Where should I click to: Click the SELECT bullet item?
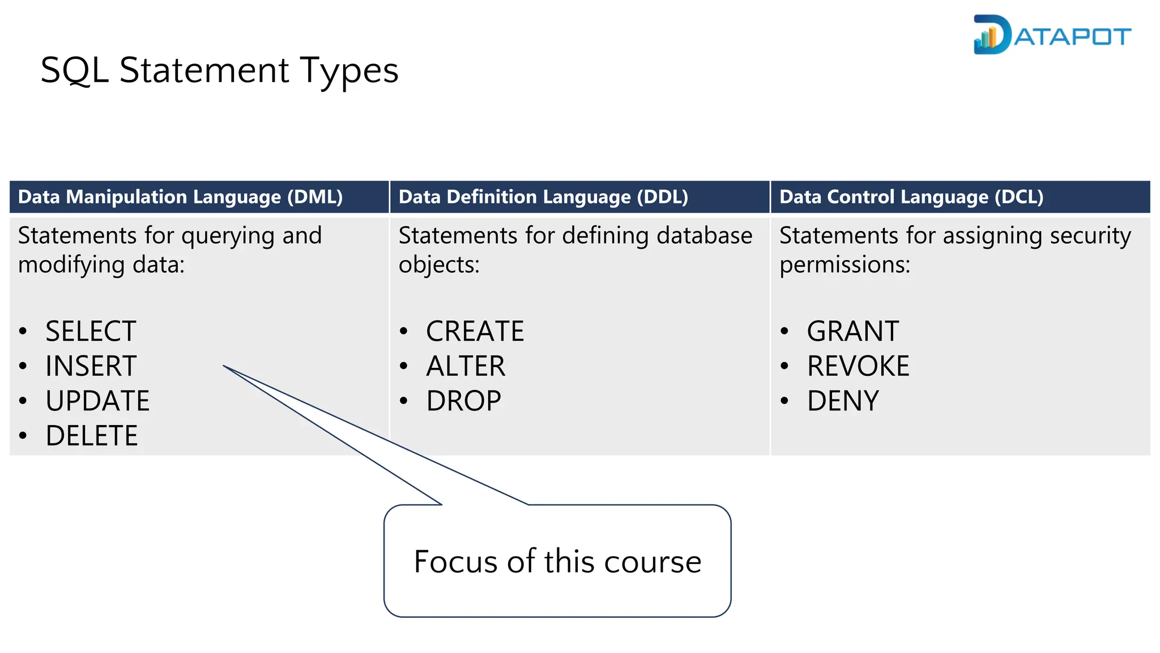[x=91, y=331]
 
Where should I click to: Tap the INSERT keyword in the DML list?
[x=91, y=366]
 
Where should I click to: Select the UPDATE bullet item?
[x=97, y=401]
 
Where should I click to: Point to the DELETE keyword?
[x=92, y=436]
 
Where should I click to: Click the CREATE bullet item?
[x=475, y=331]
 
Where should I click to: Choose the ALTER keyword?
[x=466, y=366]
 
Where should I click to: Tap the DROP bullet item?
[x=463, y=401]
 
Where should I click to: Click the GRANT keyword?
[x=852, y=331]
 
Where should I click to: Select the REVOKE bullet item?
[x=858, y=366]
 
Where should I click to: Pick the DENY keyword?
[x=843, y=401]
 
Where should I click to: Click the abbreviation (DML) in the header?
[x=315, y=197]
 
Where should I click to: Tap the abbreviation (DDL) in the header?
[x=662, y=197]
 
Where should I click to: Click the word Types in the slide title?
[x=349, y=71]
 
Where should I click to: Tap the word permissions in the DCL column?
[x=844, y=265]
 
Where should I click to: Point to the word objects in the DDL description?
[x=438, y=265]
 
